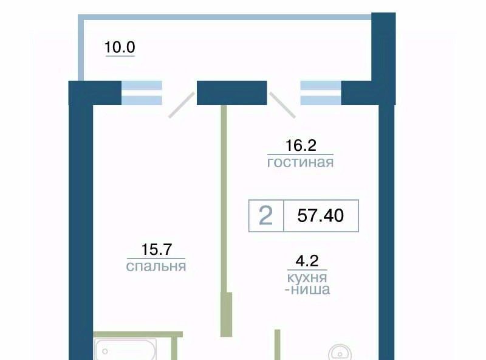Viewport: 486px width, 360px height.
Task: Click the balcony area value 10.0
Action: [x=120, y=47]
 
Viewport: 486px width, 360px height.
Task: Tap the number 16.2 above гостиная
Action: [x=301, y=145]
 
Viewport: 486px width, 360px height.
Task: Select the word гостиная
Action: [x=300, y=162]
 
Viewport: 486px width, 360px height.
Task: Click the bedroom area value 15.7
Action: [x=156, y=249]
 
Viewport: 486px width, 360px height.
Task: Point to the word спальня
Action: [x=156, y=266]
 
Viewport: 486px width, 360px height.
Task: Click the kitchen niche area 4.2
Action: [x=307, y=261]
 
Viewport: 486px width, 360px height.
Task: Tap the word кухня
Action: [x=307, y=278]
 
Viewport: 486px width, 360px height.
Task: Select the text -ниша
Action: [x=307, y=289]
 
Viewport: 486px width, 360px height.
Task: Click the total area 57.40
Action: [x=321, y=215]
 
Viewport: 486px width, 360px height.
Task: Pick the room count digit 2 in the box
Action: [x=265, y=215]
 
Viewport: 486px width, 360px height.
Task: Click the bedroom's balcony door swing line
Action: [x=181, y=105]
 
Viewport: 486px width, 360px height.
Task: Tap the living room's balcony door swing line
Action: [x=282, y=105]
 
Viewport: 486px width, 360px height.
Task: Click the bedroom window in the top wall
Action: [x=142, y=93]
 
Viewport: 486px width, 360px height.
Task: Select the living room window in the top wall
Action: [x=321, y=93]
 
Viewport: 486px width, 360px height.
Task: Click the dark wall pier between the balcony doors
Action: [x=232, y=93]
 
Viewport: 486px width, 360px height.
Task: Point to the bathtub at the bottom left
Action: [x=125, y=350]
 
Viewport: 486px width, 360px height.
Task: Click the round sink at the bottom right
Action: [x=340, y=353]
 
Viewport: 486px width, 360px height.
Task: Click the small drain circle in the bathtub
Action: [x=105, y=351]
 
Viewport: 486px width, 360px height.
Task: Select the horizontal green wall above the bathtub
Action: [x=138, y=334]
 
